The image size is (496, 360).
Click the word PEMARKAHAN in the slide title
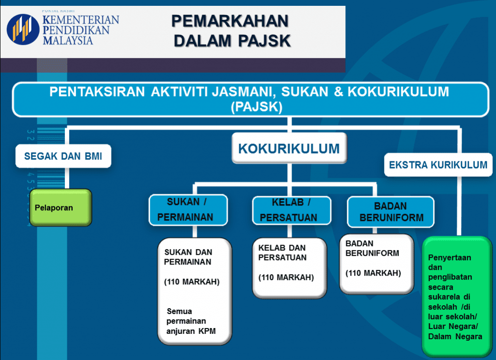230,21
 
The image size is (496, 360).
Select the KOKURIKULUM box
289,148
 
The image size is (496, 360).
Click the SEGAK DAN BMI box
63,156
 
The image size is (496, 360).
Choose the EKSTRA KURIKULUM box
438,165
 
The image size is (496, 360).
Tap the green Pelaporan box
61,208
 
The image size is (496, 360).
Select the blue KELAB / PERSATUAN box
289,210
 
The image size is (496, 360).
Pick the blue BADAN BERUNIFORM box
390,212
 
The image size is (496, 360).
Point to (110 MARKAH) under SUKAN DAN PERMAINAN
192,282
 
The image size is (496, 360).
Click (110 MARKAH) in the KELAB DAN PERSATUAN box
286,277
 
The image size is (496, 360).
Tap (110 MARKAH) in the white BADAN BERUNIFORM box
373,273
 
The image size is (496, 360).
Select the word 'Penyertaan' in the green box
449,257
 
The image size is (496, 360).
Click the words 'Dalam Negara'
455,336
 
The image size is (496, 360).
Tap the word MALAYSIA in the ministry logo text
68,40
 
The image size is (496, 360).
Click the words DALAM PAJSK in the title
232,41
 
